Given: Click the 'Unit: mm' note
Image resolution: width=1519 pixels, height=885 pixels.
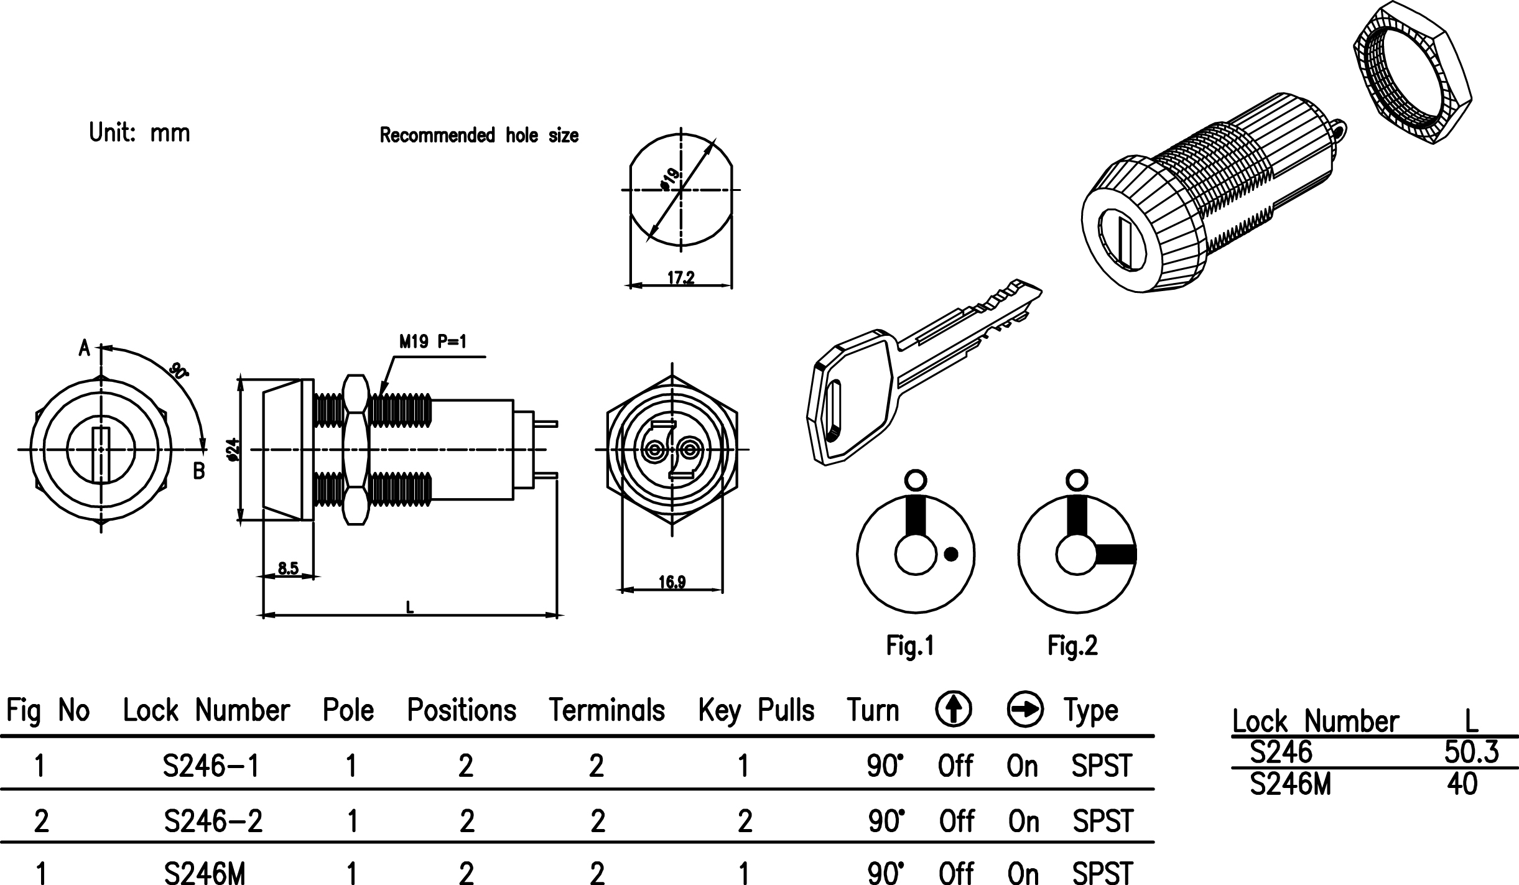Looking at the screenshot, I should point(139,133).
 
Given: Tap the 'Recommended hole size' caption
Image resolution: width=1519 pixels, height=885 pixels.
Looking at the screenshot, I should point(479,136).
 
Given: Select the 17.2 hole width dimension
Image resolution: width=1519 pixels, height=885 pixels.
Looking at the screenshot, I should point(681,278).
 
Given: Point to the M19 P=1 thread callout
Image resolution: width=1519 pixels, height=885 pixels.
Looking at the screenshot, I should point(432,341).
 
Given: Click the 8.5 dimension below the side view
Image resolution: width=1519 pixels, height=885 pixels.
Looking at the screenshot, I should point(288,568).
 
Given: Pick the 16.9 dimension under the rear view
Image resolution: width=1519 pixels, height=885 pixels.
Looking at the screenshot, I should point(672,582).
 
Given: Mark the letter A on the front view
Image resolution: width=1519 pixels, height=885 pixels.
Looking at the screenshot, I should point(85,348).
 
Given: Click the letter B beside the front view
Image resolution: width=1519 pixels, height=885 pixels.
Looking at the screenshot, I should point(198,471).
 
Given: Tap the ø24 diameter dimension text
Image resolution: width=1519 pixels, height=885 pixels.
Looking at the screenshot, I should point(233,450).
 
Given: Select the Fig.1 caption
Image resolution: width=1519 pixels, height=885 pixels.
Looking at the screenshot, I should point(910,646).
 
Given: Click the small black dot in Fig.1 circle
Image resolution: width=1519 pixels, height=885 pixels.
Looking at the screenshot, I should point(950,554).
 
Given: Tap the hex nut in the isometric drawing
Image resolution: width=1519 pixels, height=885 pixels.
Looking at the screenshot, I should point(1412,73).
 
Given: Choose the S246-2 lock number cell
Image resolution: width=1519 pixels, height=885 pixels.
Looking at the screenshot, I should point(213,822).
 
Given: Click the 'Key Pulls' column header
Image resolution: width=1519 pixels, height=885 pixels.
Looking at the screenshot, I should point(756,710).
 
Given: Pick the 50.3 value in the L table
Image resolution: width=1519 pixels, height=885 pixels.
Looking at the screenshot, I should point(1471,753).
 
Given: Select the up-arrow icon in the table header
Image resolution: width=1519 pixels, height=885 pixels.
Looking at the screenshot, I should point(954,710).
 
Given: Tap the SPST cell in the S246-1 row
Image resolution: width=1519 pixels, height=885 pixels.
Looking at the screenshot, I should point(1102,766).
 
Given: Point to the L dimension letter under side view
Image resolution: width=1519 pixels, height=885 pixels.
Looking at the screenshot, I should point(409,607).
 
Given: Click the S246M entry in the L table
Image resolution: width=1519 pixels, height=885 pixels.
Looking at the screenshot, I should point(1291,785).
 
